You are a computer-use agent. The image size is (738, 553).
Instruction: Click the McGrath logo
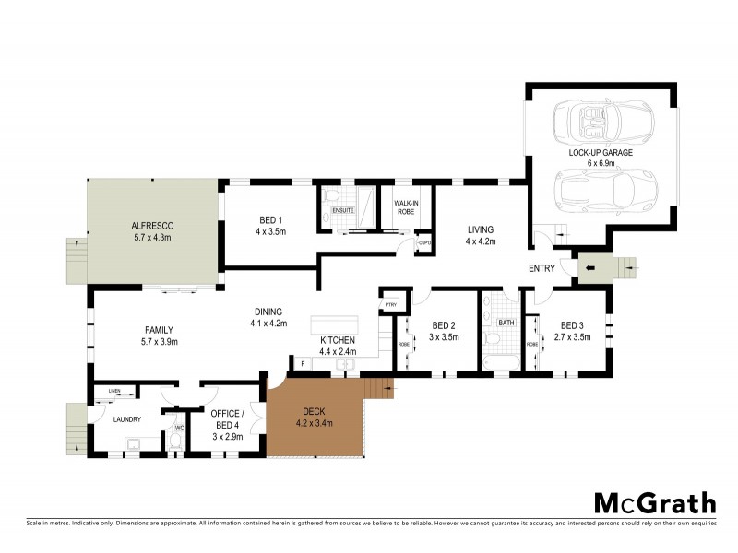654,502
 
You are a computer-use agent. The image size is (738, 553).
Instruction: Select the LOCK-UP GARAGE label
601,152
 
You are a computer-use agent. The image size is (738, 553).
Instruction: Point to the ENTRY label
542,268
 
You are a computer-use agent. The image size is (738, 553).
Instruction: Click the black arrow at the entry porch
592,269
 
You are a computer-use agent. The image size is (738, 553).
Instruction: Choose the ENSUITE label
343,211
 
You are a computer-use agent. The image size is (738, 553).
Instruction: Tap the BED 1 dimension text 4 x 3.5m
270,231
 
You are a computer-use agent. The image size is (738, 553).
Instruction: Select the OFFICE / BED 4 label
226,418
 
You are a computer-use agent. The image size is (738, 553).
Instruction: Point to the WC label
179,428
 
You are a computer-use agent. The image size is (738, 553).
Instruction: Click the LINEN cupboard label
114,392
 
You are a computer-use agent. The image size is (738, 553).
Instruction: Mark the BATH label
506,323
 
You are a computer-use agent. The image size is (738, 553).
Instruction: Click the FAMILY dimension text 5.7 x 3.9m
159,342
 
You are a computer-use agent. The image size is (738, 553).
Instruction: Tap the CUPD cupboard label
425,243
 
